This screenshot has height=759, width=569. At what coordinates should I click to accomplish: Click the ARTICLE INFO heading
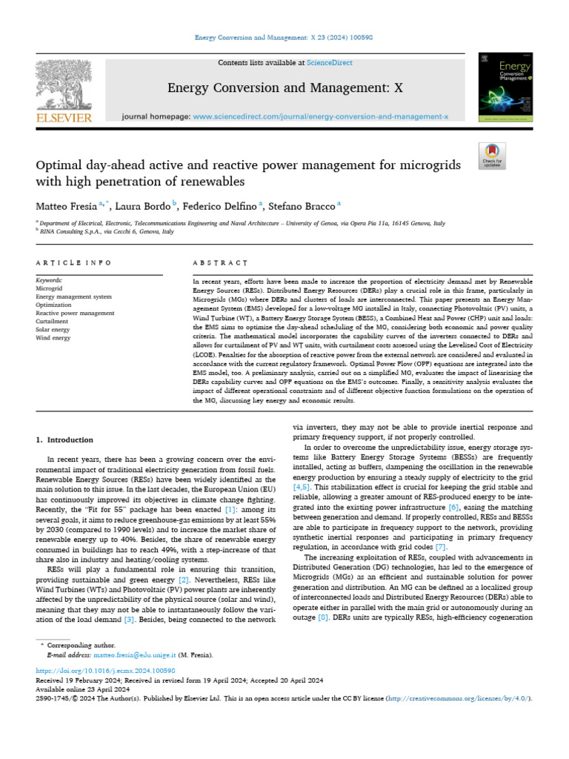pos(73,262)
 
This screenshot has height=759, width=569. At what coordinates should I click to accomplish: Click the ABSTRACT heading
pos(220,262)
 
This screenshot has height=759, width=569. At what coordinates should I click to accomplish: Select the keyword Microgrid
pos(50,288)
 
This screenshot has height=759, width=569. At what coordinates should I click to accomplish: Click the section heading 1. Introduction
pos(65,440)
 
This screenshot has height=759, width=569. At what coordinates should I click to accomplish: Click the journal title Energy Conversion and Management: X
pos(285,88)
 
